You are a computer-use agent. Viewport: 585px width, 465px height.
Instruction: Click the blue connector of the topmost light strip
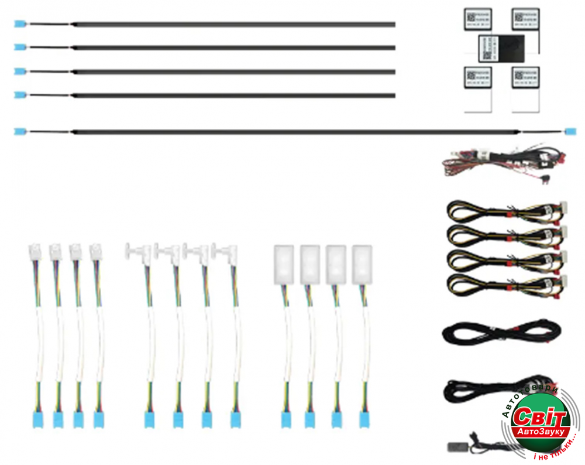tap(20, 24)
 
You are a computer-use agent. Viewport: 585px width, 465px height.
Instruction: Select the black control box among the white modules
tap(501, 47)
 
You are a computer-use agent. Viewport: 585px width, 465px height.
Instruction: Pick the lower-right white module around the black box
tap(525, 77)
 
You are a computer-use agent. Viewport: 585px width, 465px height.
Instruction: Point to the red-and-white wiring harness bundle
tap(503, 160)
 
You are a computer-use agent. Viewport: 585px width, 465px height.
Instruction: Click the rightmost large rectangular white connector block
tap(362, 264)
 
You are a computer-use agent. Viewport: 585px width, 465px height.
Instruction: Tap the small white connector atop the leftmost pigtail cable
tap(34, 252)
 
